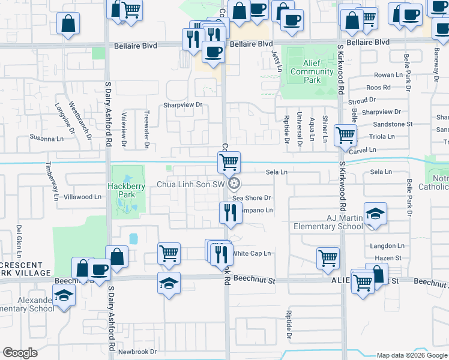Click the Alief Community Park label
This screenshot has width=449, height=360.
(312, 76)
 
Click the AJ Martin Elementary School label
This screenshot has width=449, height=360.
(328, 222)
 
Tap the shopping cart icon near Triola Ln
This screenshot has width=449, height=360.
(345, 135)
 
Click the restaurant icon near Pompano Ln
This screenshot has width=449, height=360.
(230, 212)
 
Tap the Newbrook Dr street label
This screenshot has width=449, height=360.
(137, 352)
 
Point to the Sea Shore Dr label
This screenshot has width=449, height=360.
(252, 198)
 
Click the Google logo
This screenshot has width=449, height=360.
(20, 353)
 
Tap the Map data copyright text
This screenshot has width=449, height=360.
(411, 355)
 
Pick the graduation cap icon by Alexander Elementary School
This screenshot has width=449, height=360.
(63, 296)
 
